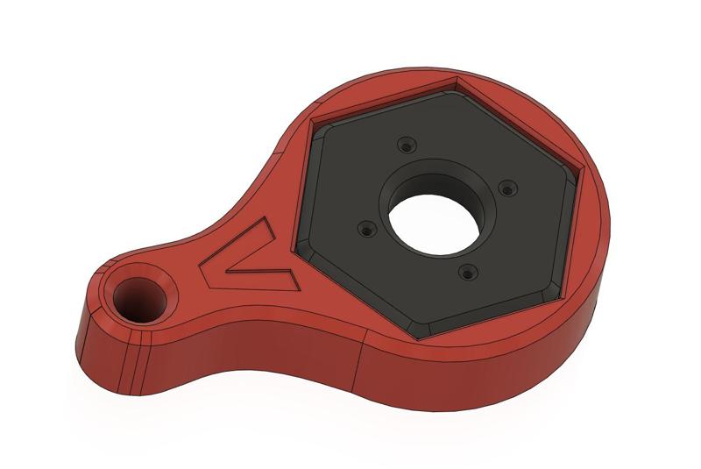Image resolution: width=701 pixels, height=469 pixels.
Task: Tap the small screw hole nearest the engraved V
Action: [365, 232]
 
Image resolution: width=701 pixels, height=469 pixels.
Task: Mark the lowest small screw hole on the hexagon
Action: [467, 274]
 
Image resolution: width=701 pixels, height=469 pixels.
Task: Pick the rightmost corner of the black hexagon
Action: [579, 183]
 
